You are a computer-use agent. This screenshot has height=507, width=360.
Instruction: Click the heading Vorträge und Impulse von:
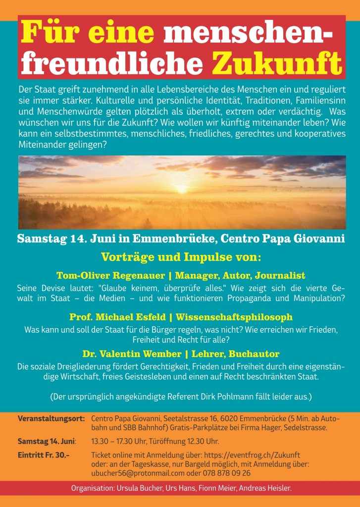coord(181,257)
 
